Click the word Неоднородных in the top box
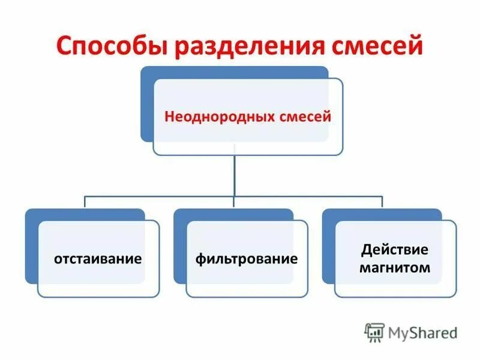[x=220, y=116]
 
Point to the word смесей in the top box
[x=305, y=116]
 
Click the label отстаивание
[x=98, y=259]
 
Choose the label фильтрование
[x=247, y=259]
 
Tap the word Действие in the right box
[x=395, y=249]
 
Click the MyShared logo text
[x=423, y=332]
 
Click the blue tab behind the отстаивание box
[x=31, y=246]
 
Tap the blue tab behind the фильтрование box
[x=179, y=246]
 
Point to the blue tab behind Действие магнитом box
[x=328, y=246]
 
